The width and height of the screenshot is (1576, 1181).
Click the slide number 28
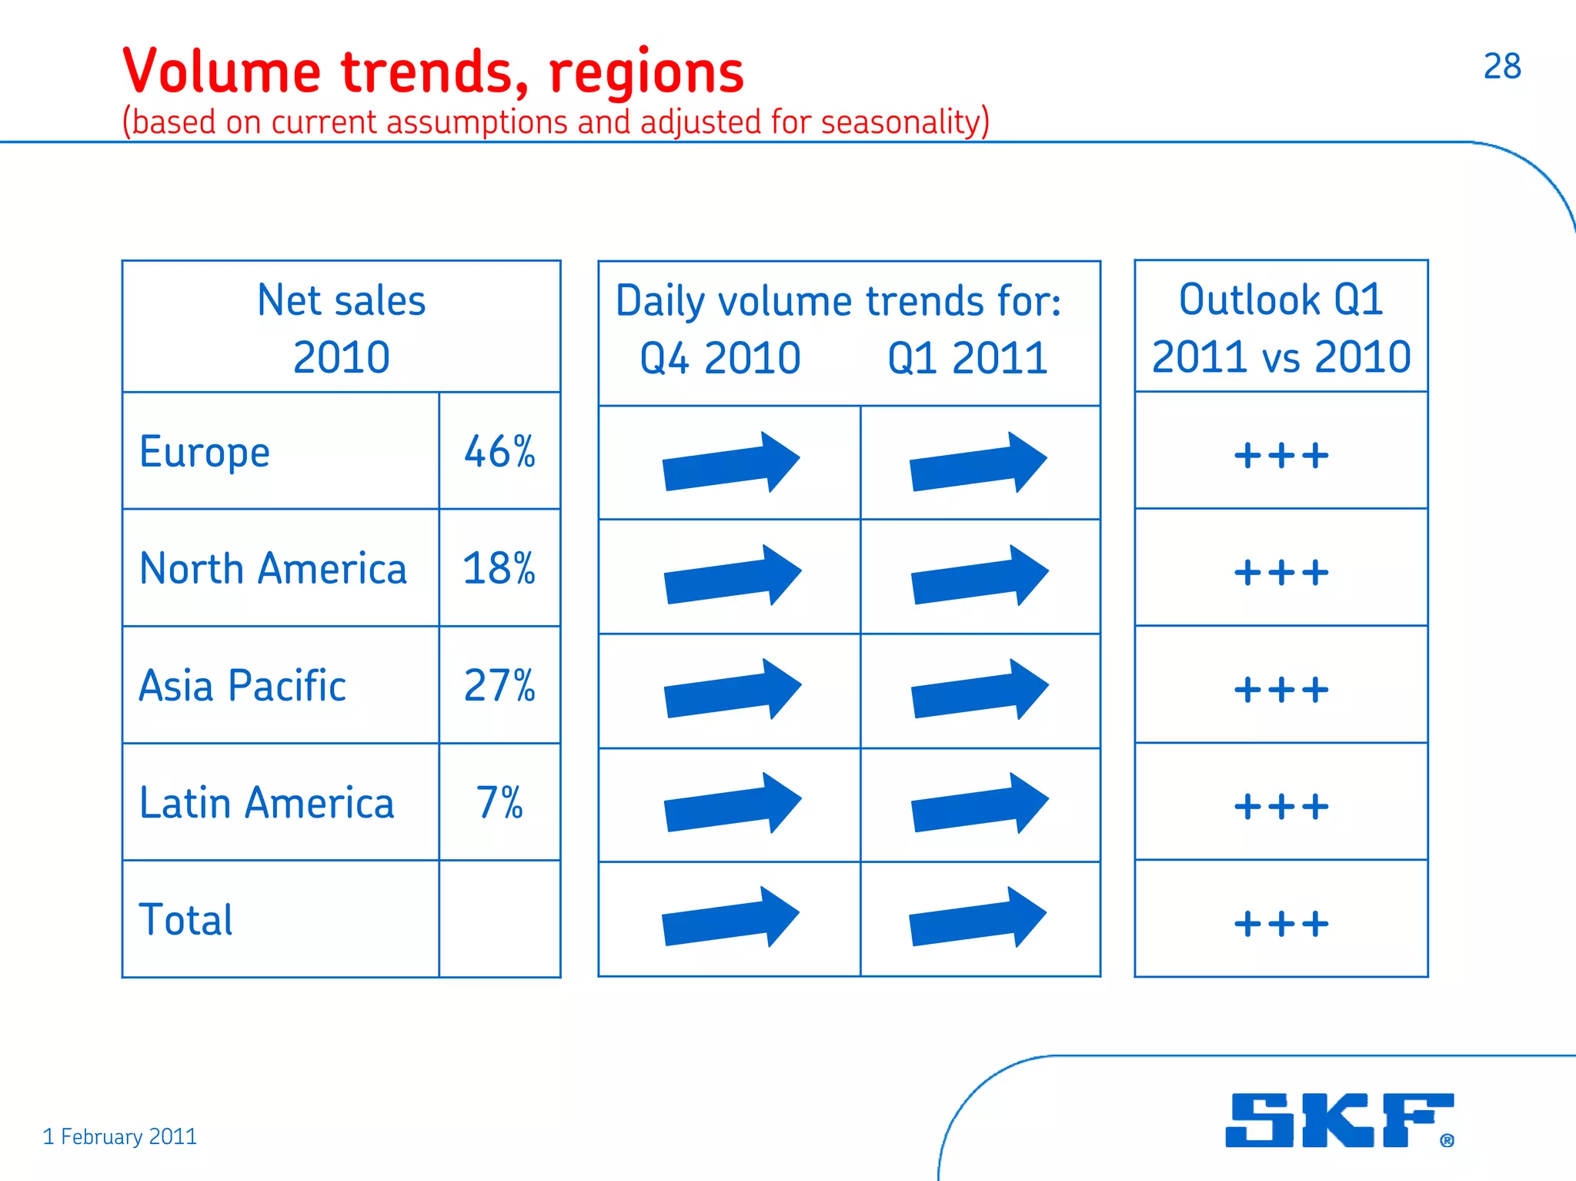coord(1501,66)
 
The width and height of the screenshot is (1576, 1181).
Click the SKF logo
coord(1338,1120)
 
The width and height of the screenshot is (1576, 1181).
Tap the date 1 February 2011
coord(119,1136)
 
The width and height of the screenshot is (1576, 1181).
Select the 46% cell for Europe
coord(499,452)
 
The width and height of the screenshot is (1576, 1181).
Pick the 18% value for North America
coord(499,569)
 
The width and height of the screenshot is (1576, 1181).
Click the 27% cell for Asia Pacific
coord(499,686)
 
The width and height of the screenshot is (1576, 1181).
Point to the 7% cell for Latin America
coord(499,803)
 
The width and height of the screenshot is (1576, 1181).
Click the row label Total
coord(185,920)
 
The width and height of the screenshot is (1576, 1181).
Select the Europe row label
coord(205,452)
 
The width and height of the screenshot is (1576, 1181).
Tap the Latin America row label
coord(266,803)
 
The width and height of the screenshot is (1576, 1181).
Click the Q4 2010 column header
coord(720,359)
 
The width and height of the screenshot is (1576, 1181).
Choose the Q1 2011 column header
coord(967,359)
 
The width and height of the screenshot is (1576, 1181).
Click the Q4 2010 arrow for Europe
coord(731,462)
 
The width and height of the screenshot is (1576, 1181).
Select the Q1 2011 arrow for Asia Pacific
coord(979,689)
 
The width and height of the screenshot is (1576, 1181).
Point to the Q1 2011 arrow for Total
coord(977,917)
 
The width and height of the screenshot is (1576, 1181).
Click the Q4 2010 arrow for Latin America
coord(732,803)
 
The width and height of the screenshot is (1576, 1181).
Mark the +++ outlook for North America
coord(1280,573)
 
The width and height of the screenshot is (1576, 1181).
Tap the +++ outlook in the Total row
coord(1280,924)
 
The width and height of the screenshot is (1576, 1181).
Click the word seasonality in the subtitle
coord(900,122)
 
